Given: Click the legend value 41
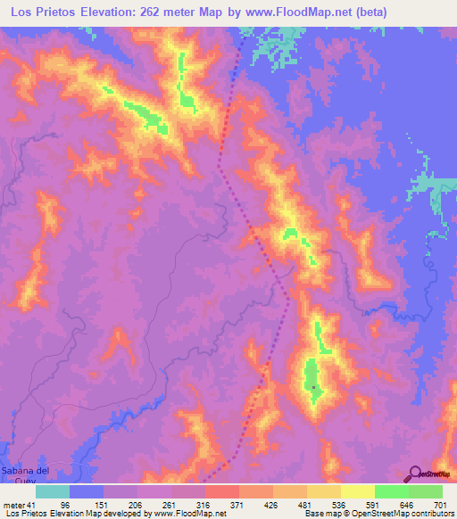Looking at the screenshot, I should click(x=33, y=504).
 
